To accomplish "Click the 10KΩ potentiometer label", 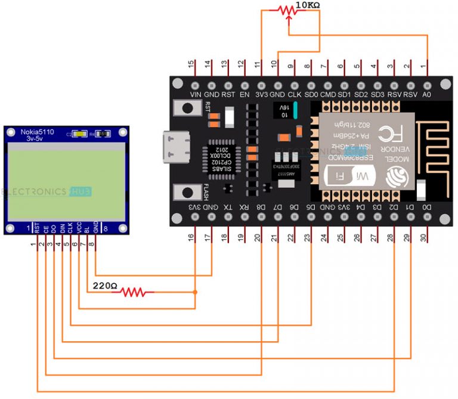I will pos(308,5).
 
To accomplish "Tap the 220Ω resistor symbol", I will pos(133,292).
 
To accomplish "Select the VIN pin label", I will pos(194,94).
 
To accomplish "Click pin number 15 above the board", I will pos(191,64).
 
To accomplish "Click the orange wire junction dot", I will pos(195,292).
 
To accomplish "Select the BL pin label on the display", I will pos(86,228).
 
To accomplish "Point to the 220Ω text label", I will pos(104,286).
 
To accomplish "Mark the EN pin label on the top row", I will pos(244,94).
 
